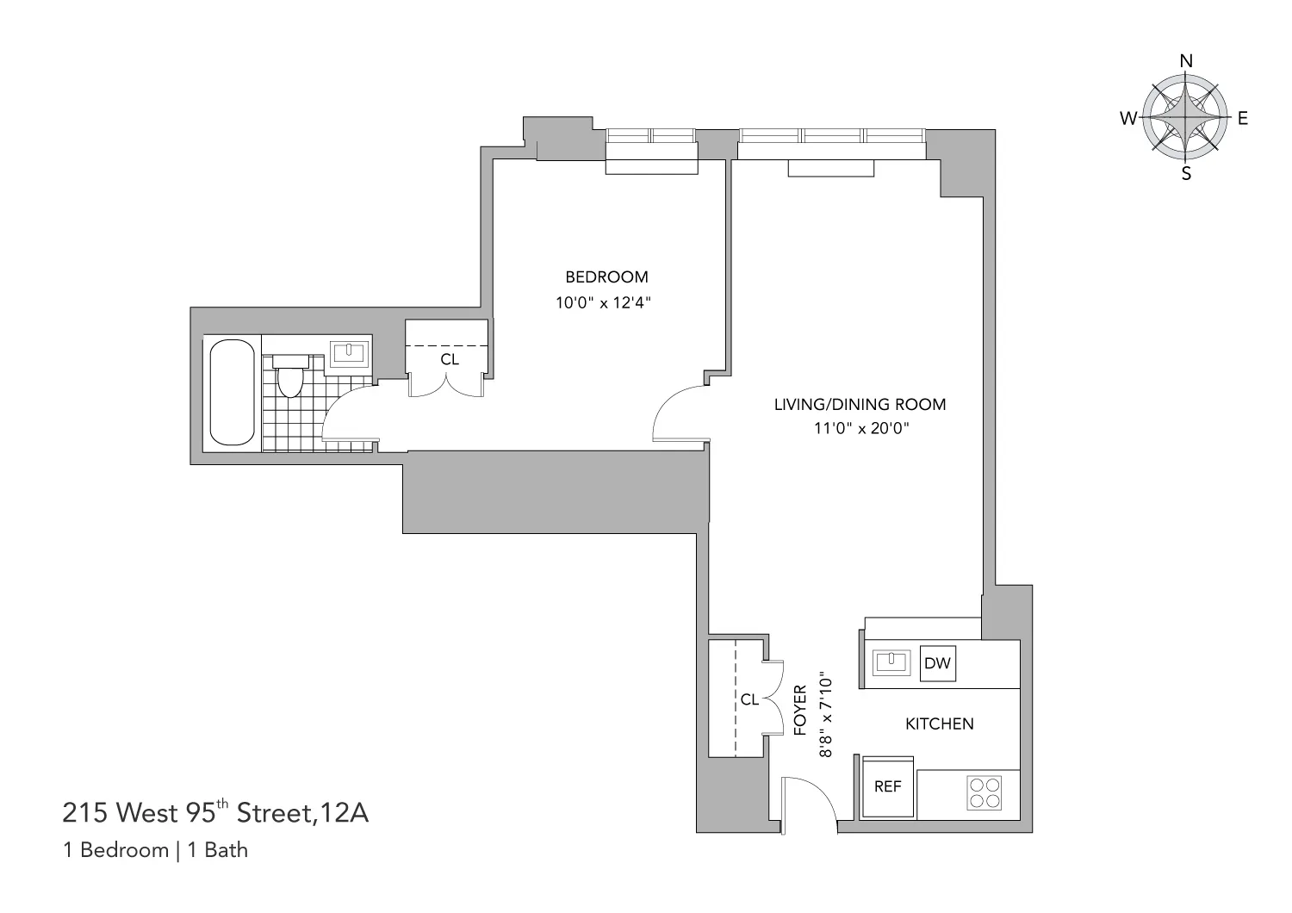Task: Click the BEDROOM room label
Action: coord(606,277)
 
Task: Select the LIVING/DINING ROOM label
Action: coord(860,404)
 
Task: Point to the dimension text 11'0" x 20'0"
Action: coord(860,429)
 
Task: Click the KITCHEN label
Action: coord(939,724)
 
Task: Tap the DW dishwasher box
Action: coord(937,663)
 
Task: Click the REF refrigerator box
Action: coord(887,786)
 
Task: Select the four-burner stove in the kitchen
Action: coord(985,792)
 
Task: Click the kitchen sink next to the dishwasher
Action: coord(891,662)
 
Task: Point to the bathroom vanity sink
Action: coord(350,353)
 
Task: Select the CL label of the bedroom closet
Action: coord(450,359)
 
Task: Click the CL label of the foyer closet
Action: coord(749,699)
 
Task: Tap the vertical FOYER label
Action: coord(798,710)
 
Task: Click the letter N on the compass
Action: coord(1186,61)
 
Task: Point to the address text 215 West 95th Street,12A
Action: coord(215,812)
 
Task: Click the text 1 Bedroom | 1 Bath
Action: coord(156,850)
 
